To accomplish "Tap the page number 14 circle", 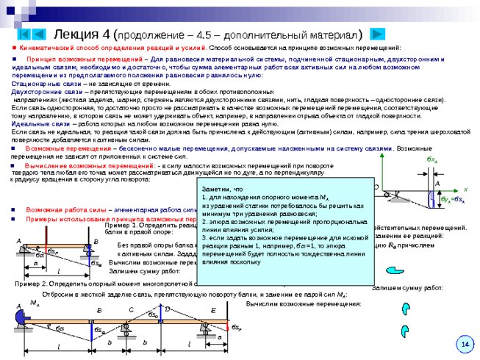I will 465,344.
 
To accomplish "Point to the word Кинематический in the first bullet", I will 46,47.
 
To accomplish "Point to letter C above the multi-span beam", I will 131,309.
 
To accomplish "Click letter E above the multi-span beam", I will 213,309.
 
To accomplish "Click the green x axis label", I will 465,189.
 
